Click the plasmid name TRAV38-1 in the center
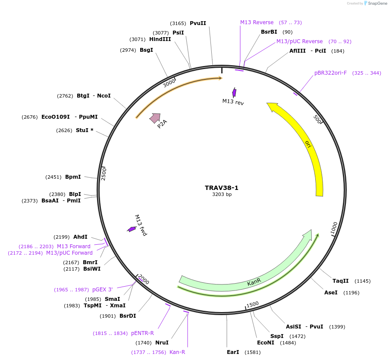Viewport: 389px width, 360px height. pyautogui.click(x=221, y=188)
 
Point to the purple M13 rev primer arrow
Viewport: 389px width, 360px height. pyautogui.click(x=234, y=92)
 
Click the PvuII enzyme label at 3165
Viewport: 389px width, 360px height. pyautogui.click(x=198, y=23)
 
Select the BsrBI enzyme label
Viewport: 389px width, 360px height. pyautogui.click(x=269, y=32)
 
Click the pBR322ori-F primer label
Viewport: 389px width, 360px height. pyautogui.click(x=330, y=73)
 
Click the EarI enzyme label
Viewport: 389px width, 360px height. pyautogui.click(x=233, y=352)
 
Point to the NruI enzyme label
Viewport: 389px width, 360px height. pyautogui.click(x=162, y=343)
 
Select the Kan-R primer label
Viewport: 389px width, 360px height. pyautogui.click(x=177, y=352)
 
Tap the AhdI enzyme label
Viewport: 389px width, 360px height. pyautogui.click(x=80, y=237)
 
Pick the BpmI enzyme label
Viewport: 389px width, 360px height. pyautogui.click(x=73, y=177)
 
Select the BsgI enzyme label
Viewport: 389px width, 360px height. pyautogui.click(x=146, y=50)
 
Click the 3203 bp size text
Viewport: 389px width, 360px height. pyautogui.click(x=222, y=195)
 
